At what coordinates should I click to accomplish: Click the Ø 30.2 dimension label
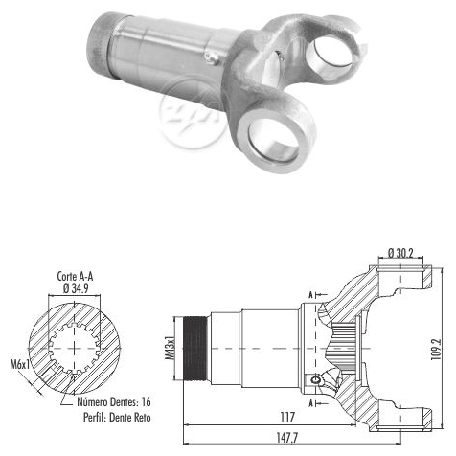click(400, 253)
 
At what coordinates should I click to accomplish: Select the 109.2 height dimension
click(436, 350)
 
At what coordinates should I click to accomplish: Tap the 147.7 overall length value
click(286, 438)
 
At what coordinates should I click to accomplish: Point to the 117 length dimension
click(287, 417)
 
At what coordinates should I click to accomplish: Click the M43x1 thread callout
click(170, 348)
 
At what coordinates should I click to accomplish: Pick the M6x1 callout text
click(20, 364)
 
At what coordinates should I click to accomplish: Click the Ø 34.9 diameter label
click(76, 288)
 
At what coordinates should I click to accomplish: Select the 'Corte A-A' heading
click(75, 277)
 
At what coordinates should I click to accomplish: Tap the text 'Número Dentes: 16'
click(114, 401)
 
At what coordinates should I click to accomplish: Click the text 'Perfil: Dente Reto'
click(117, 417)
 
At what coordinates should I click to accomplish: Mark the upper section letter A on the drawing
click(310, 295)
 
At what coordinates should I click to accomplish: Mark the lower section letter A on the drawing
click(310, 403)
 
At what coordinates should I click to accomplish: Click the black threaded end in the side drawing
click(195, 348)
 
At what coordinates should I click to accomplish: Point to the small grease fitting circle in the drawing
click(315, 379)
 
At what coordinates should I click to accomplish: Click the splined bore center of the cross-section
click(74, 348)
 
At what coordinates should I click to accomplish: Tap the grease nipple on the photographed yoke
click(212, 57)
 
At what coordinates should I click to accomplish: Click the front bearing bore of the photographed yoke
click(273, 140)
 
